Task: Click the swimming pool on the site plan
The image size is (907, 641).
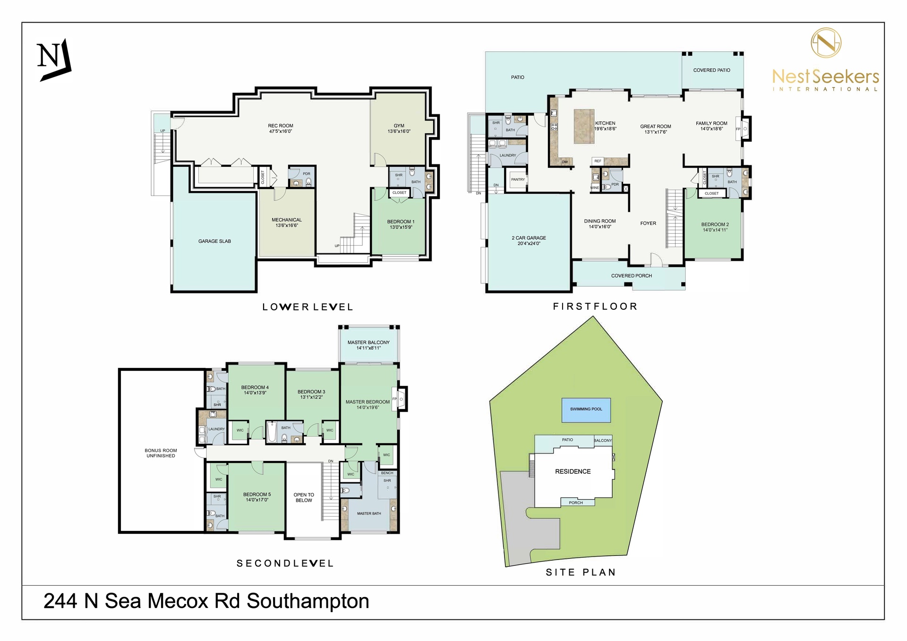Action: pos(586,410)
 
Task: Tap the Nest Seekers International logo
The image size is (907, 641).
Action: pos(826,59)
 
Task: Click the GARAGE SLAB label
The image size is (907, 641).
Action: pos(214,241)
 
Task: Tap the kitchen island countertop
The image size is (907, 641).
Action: pos(584,126)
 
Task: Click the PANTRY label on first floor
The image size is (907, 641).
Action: pos(518,179)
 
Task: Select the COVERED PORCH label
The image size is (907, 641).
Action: pos(632,276)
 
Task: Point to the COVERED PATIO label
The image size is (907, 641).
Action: pos(711,70)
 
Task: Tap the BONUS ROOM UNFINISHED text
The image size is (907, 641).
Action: pos(161,453)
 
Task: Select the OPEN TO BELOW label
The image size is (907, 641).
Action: pos(304,497)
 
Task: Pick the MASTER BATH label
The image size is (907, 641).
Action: pos(369,513)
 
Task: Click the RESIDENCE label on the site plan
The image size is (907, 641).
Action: pos(573,471)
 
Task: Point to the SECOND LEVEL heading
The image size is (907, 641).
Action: pos(285,564)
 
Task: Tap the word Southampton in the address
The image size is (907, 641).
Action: pos(308,601)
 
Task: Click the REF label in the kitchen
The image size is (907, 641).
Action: pos(598,161)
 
